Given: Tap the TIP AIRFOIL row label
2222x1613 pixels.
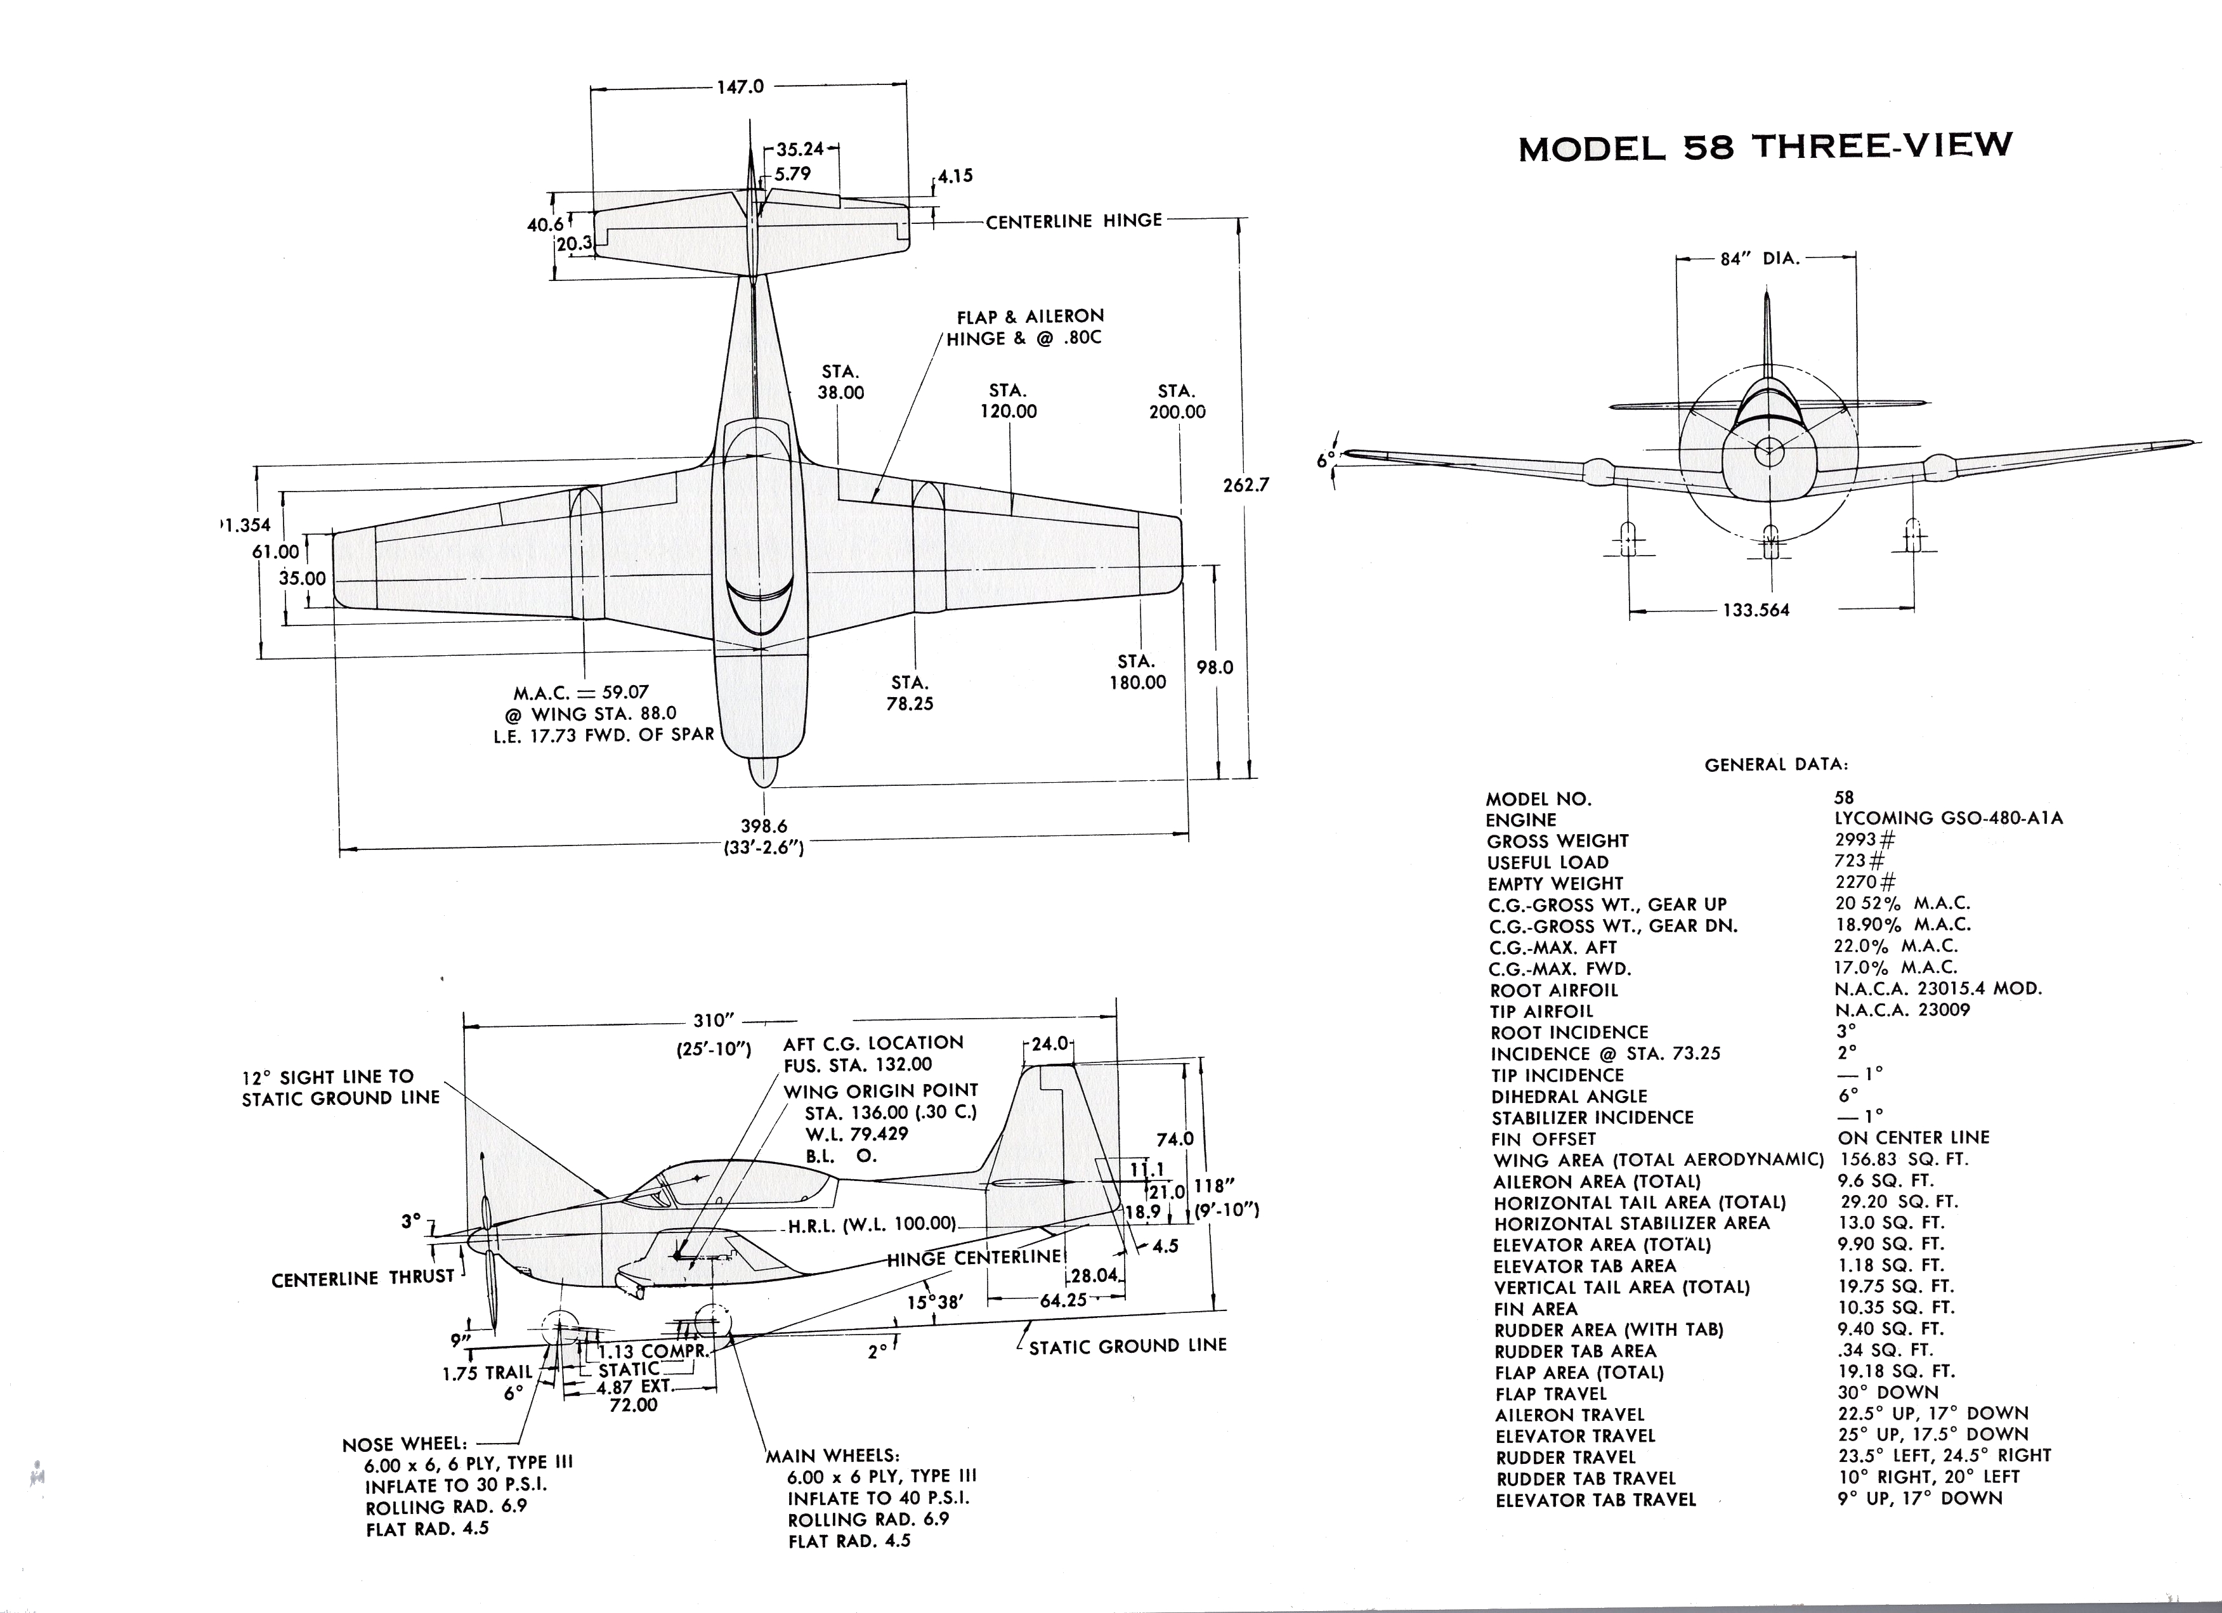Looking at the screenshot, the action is (x=1542, y=1011).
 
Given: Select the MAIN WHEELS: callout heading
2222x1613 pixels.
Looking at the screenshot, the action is (x=833, y=1455).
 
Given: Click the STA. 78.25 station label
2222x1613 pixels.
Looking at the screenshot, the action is (x=910, y=693).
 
